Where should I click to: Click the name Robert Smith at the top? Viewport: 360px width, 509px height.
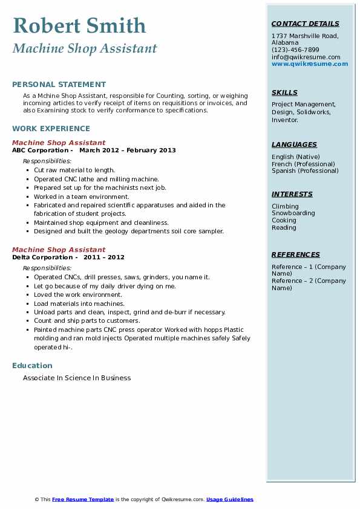tap(79, 26)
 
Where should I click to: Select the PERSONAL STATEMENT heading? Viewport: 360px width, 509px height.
tap(59, 85)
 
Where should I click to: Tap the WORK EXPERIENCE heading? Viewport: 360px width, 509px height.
tap(51, 129)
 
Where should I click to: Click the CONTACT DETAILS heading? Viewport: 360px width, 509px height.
tap(305, 24)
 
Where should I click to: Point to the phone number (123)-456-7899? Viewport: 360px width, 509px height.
tap(295, 50)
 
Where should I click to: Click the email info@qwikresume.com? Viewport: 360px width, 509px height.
tap(306, 57)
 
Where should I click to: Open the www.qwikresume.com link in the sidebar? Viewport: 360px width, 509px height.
tap(310, 64)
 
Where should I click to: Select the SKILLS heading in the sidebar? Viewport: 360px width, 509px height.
tap(284, 93)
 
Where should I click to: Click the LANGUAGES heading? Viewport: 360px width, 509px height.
tap(294, 145)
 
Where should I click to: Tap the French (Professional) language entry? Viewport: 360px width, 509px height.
tap(303, 164)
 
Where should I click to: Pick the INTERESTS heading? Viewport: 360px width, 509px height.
tap(292, 195)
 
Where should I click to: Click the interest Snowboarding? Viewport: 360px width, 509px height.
tap(293, 213)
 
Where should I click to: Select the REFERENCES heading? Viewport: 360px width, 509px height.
tap(295, 255)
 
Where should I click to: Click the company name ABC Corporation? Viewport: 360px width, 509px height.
tap(40, 151)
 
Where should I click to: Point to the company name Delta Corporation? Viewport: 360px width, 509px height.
tap(41, 257)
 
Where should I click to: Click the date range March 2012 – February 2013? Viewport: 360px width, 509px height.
tap(127, 151)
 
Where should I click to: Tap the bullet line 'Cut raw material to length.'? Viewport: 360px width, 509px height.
tap(74, 170)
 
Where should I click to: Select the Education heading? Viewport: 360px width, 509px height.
tap(32, 366)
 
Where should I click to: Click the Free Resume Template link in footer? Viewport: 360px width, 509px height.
tap(83, 499)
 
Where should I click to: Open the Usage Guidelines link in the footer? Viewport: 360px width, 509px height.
tap(230, 499)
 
